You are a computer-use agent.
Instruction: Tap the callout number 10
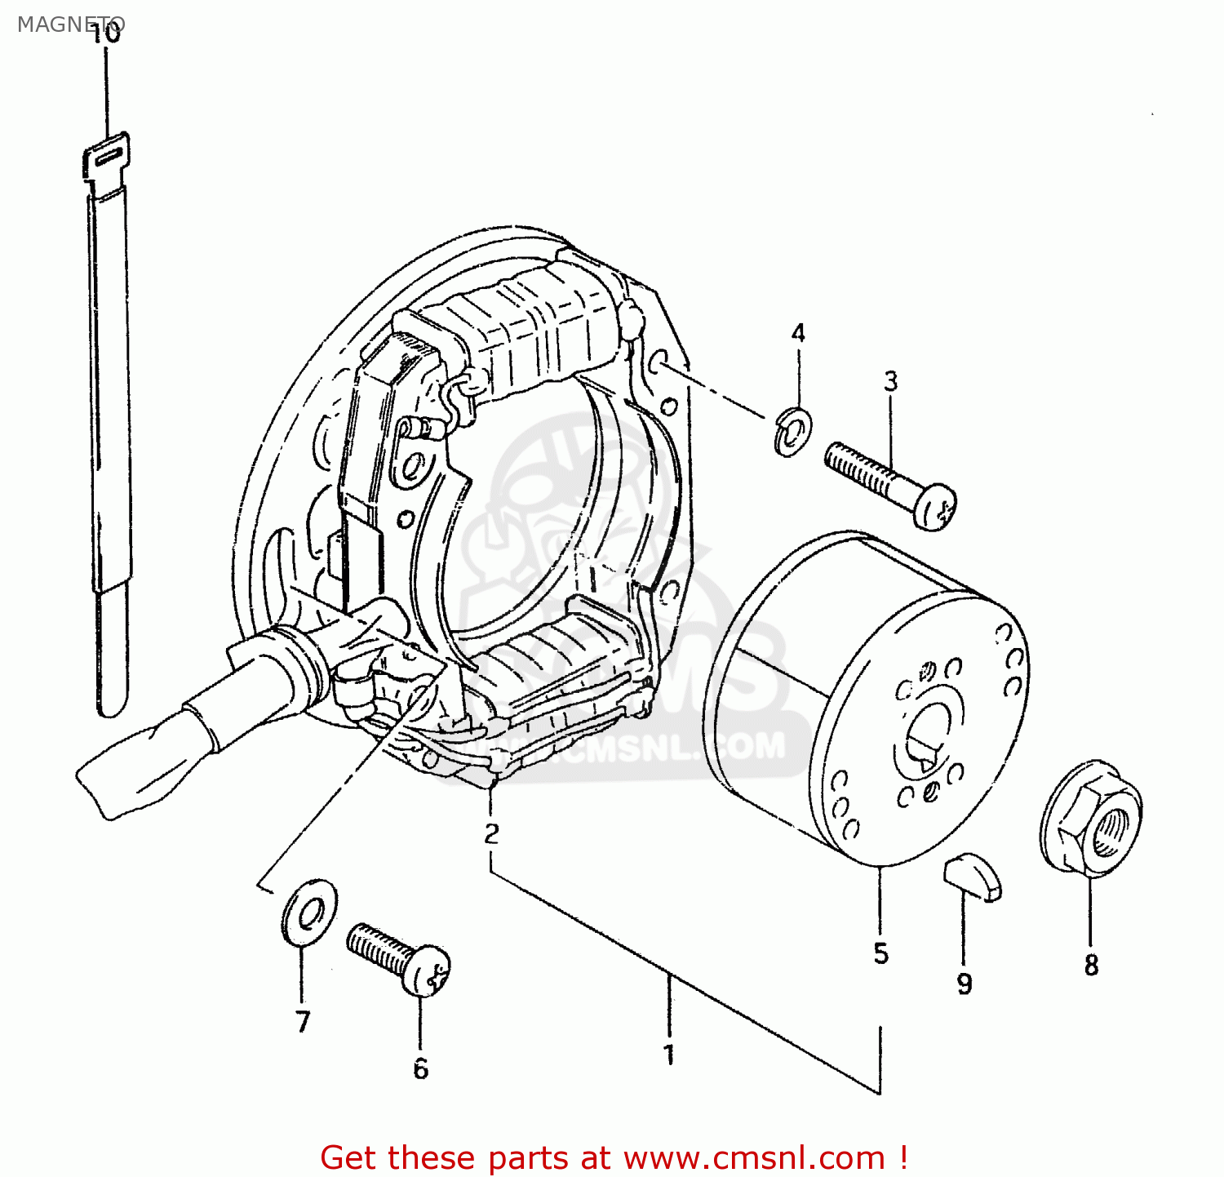click(106, 34)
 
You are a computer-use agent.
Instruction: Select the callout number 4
click(798, 333)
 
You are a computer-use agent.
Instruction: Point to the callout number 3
click(890, 380)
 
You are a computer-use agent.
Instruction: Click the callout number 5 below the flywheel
click(880, 953)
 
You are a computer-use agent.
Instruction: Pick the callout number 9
click(965, 984)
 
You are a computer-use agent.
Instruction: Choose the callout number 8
click(1091, 965)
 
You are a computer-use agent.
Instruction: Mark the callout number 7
click(303, 1021)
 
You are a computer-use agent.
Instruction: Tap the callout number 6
click(420, 1068)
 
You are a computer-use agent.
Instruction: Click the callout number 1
click(669, 1055)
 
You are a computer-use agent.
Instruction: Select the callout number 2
click(490, 833)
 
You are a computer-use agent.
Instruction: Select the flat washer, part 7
click(308, 912)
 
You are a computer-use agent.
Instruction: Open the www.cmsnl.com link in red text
click(754, 1157)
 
